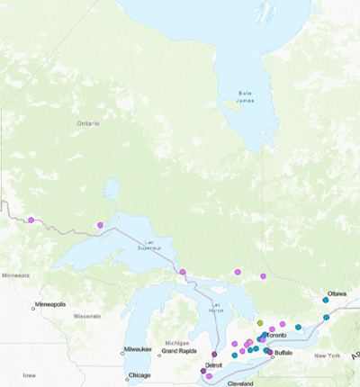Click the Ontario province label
point(88,122)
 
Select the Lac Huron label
point(215,307)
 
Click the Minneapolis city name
point(49,304)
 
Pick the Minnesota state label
point(15,274)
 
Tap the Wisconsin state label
point(87,316)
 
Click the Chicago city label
point(139,374)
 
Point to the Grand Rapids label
point(180,351)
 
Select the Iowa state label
point(31,374)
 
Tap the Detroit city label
point(214,364)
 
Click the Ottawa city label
point(337,293)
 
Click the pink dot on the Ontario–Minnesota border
point(31,220)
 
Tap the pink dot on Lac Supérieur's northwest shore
point(101,225)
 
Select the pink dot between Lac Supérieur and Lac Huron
point(183,272)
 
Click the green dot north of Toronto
point(259,321)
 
